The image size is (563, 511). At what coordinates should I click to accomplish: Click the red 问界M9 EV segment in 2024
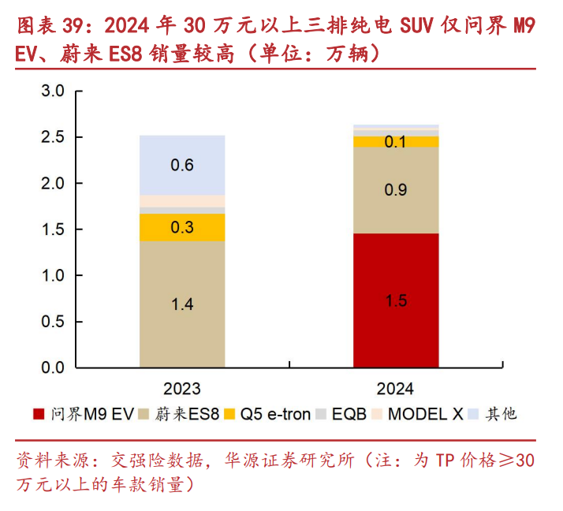click(x=396, y=300)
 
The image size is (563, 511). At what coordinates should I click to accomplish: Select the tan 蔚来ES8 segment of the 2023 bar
click(x=182, y=304)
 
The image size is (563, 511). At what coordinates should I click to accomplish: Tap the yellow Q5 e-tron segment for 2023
click(x=182, y=227)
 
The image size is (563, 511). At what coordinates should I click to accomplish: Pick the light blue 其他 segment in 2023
click(x=182, y=165)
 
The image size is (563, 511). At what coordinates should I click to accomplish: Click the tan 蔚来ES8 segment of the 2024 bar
click(x=396, y=190)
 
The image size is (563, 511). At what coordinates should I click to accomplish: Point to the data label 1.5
click(x=396, y=301)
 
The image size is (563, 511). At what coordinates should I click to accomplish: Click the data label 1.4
click(x=182, y=304)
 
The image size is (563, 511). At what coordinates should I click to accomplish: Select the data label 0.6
click(x=182, y=166)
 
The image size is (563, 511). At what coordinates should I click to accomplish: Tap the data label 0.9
click(x=396, y=190)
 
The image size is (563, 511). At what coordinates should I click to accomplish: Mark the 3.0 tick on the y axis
click(x=52, y=91)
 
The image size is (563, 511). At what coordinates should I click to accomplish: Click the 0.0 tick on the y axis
click(x=52, y=367)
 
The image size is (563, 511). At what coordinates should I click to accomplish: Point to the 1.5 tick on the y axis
click(x=52, y=229)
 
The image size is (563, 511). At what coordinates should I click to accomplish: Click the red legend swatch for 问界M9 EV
click(x=38, y=414)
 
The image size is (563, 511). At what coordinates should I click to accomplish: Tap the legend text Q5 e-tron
click(x=275, y=414)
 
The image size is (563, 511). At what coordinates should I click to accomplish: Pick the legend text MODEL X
click(x=425, y=414)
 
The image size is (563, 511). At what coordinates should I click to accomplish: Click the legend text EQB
click(x=349, y=414)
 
